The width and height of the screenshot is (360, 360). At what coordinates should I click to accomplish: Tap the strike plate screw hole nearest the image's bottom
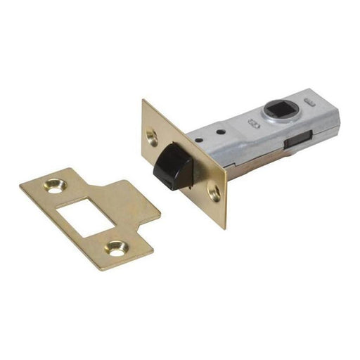(115, 247)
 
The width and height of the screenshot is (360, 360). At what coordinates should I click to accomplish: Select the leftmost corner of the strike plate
(20, 185)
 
